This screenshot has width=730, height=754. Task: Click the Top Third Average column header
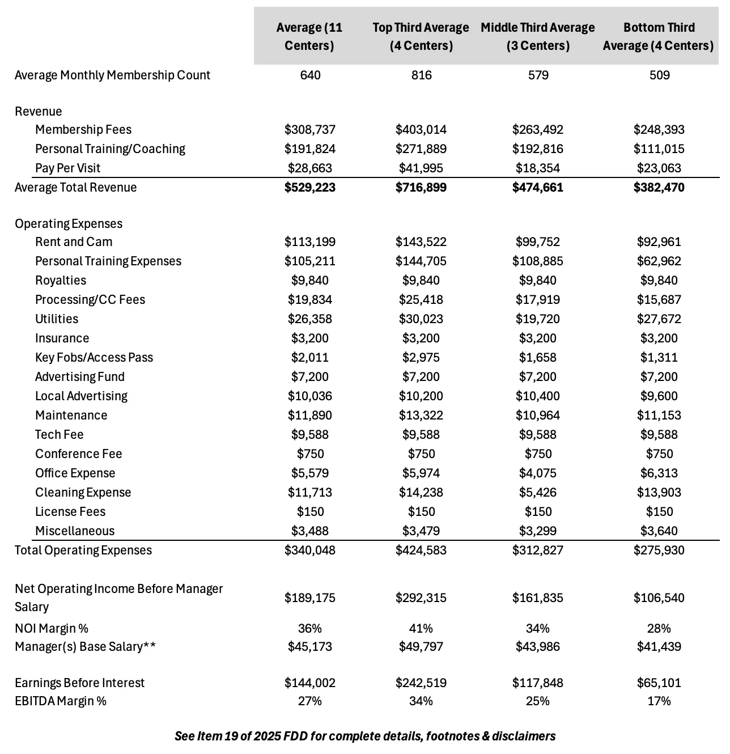[x=421, y=36]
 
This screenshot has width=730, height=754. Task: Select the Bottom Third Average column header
[x=659, y=36]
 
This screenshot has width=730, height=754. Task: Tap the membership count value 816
[x=421, y=75]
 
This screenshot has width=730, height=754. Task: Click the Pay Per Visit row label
[x=67, y=168]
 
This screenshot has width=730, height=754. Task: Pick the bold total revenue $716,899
[x=421, y=188]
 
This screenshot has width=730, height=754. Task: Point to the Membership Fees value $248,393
[x=659, y=130]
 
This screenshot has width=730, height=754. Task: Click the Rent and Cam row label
[x=74, y=242]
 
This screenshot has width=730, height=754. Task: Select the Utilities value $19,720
[x=538, y=319]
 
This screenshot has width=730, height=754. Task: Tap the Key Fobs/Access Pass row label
[x=94, y=358]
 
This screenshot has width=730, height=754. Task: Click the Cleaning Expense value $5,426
[x=538, y=493]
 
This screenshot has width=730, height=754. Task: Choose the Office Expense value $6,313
[x=659, y=473]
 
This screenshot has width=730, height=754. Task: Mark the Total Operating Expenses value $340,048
[x=310, y=550]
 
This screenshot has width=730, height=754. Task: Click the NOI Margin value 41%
[x=421, y=629]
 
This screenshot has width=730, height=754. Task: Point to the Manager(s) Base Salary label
[x=85, y=647]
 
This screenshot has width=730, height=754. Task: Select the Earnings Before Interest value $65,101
[x=659, y=683]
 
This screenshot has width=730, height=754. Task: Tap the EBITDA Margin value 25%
[x=538, y=701]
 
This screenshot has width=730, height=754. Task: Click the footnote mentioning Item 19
[x=365, y=736]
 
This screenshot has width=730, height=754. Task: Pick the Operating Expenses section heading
[x=69, y=224]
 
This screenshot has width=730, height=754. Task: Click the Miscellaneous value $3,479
[x=421, y=531]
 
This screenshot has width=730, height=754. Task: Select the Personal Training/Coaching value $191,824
[x=310, y=149]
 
